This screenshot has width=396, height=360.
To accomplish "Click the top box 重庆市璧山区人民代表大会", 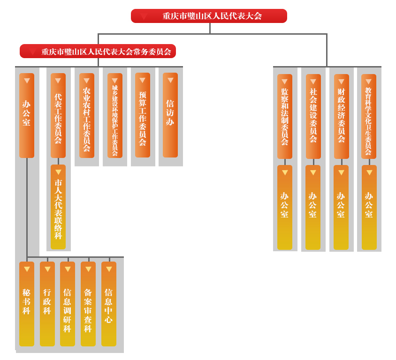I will pyautogui.click(x=209, y=16).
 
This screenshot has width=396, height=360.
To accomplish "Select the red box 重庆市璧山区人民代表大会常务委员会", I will pyautogui.click(x=98, y=51).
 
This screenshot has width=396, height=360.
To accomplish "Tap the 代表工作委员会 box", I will pyautogui.click(x=58, y=115).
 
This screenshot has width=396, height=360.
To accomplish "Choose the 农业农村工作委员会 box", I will pyautogui.click(x=87, y=115).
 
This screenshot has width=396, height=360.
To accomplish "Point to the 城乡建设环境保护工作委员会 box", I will pyautogui.click(x=115, y=115).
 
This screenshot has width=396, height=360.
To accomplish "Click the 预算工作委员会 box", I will pyautogui.click(x=143, y=115).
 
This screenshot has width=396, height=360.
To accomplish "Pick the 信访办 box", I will pyautogui.click(x=170, y=115).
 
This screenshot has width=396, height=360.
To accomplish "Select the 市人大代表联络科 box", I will pyautogui.click(x=58, y=207).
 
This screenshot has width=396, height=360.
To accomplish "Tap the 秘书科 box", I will pyautogui.click(x=27, y=304).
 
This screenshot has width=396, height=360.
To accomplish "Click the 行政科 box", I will pyautogui.click(x=47, y=304).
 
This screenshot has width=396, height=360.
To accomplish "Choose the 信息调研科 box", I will pyautogui.click(x=68, y=304).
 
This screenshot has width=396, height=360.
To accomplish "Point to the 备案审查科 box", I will pyautogui.click(x=88, y=304).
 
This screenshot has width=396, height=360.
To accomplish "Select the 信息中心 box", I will pyautogui.click(x=109, y=304).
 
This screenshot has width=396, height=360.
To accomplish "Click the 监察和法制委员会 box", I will pyautogui.click(x=285, y=116).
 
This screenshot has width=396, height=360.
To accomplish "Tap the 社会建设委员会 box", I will pyautogui.click(x=313, y=116).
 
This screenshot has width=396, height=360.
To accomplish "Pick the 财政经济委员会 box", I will pyautogui.click(x=342, y=116).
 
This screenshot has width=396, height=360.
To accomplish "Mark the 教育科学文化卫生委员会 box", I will pyautogui.click(x=369, y=116).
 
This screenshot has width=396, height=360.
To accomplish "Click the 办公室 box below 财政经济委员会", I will pyautogui.click(x=341, y=207).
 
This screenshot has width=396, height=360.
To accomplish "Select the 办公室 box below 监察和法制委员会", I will pyautogui.click(x=285, y=207).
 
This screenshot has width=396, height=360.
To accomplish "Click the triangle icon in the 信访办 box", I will pyautogui.click(x=170, y=80).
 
